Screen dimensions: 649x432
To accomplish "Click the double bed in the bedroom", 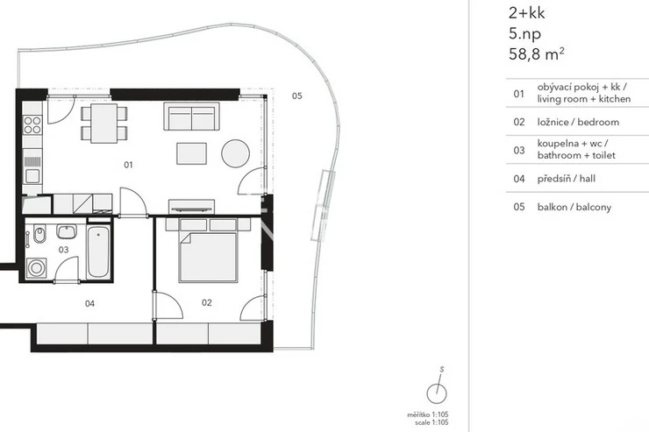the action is (208, 257).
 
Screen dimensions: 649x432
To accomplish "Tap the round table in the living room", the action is (236, 153).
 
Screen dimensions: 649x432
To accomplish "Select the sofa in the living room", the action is (191, 117).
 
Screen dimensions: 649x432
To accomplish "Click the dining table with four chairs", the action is (103, 124).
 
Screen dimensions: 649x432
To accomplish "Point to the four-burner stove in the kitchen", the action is (32, 124).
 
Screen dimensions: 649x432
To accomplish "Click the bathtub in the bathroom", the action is (98, 252).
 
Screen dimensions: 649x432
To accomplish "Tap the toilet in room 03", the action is (39, 235).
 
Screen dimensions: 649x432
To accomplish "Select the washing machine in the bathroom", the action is (37, 268).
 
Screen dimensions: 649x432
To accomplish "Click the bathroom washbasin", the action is (67, 231).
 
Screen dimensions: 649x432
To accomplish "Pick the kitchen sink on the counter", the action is (32, 176).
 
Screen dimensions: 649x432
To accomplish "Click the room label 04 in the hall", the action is (89, 303).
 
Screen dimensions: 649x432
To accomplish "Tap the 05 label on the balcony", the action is (296, 96).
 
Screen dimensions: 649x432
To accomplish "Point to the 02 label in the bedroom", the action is (206, 302).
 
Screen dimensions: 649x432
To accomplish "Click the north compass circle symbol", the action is (437, 393).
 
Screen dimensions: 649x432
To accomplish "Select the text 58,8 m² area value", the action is (537, 54).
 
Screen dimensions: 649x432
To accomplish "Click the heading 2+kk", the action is (526, 13).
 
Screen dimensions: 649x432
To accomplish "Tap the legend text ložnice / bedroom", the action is (578, 122).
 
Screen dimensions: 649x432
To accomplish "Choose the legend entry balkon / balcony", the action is (574, 207).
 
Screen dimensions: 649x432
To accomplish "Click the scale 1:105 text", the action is (431, 422).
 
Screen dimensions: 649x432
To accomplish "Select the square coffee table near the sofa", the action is (192, 153).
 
